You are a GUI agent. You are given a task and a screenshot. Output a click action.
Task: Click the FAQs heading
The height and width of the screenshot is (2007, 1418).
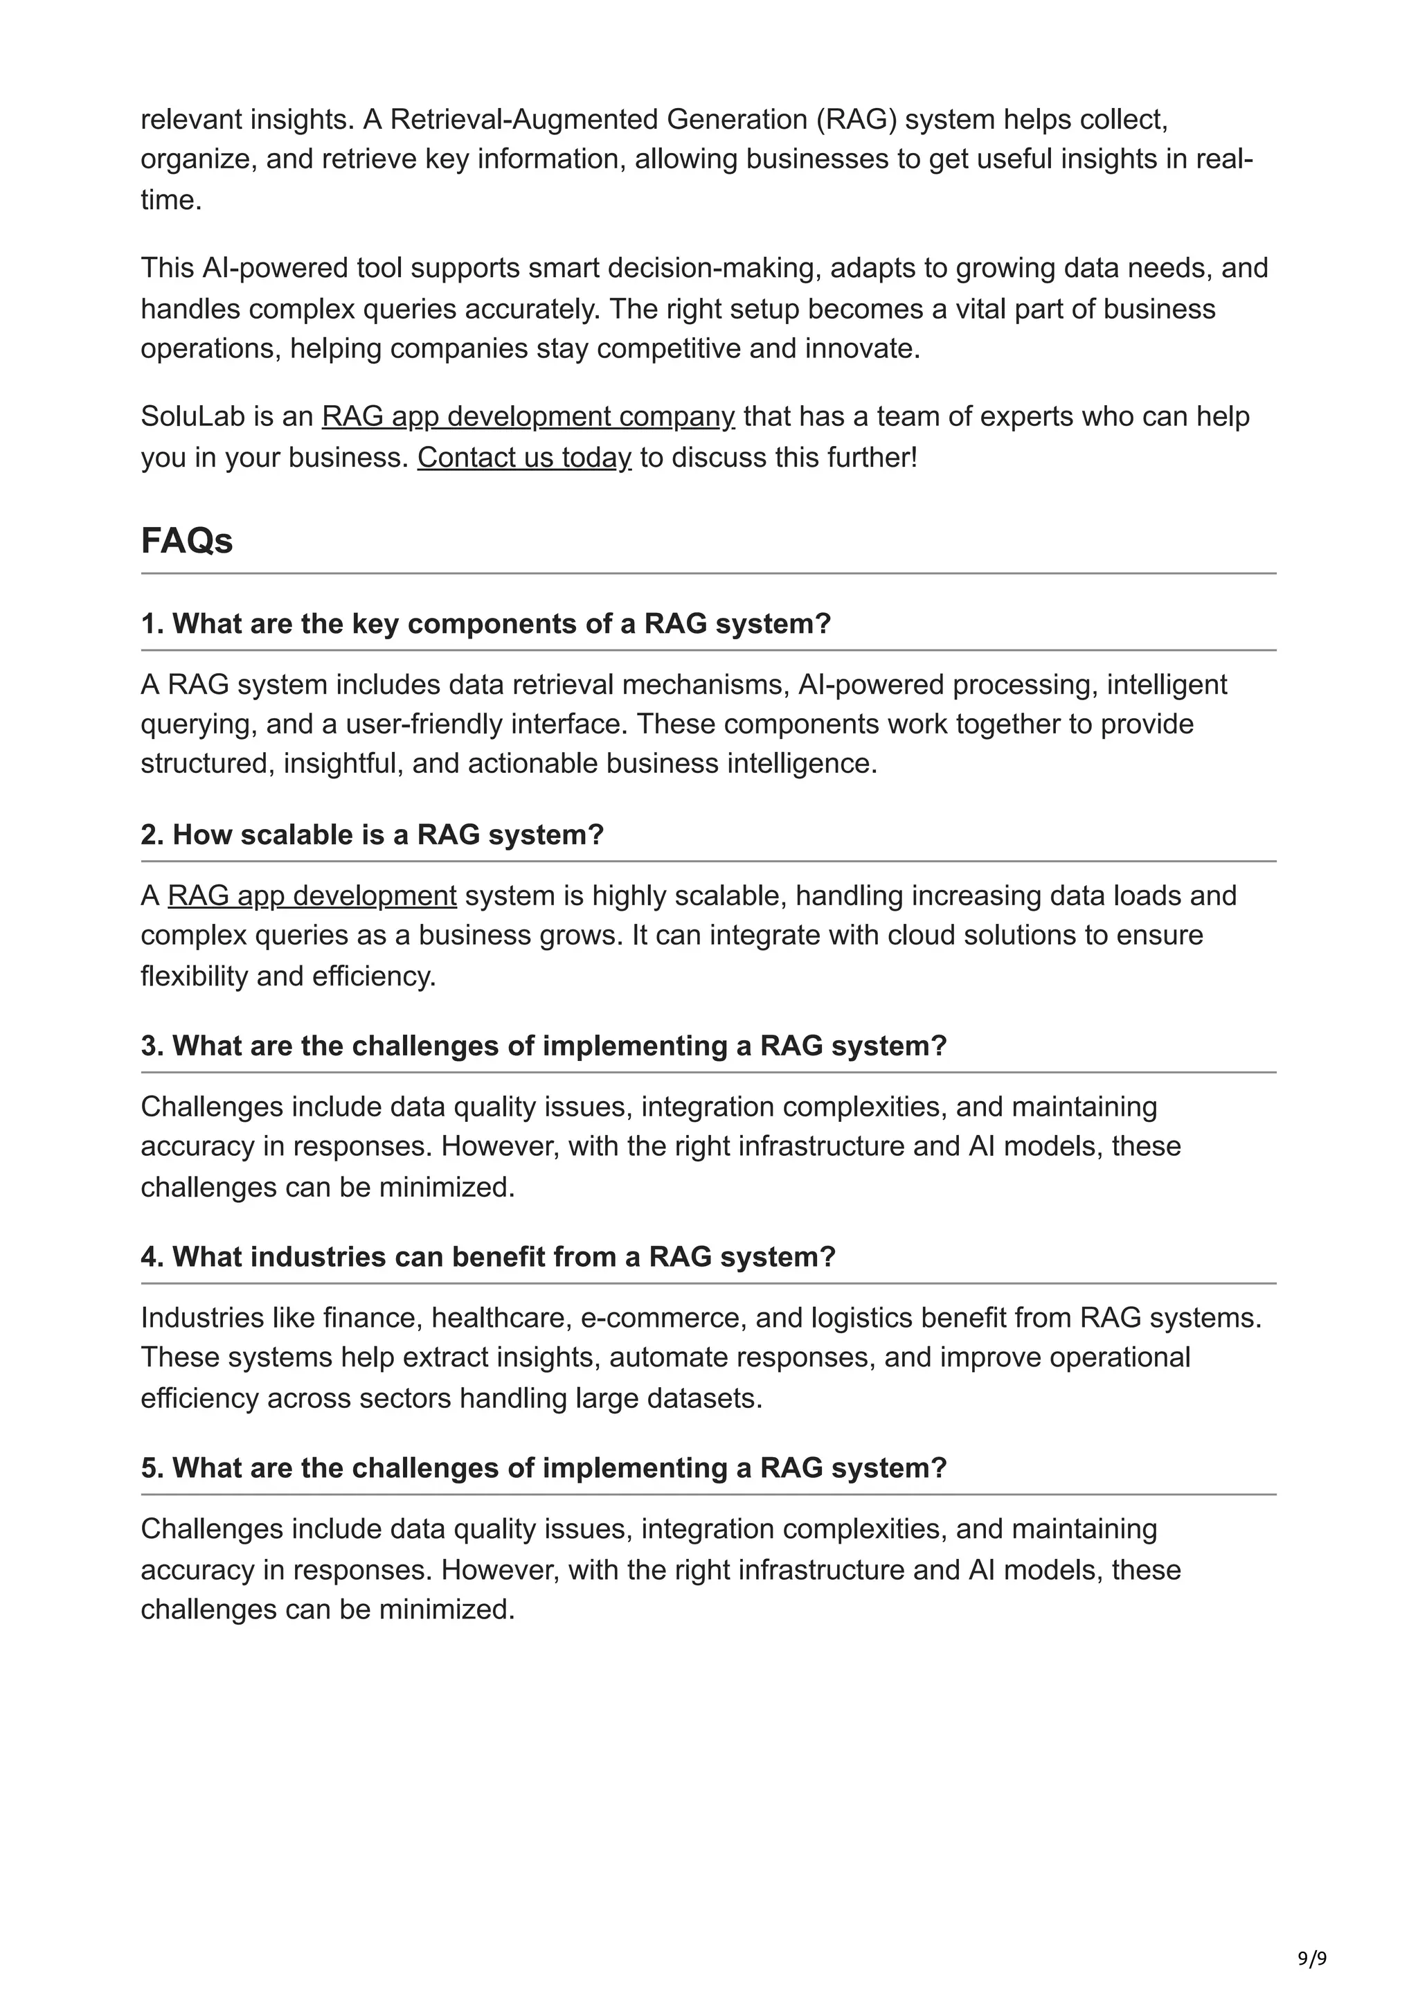tap(186, 541)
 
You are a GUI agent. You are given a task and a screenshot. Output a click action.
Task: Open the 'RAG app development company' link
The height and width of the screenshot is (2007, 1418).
tap(528, 417)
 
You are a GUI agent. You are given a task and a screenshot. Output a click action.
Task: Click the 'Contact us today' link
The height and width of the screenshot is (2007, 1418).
tap(523, 457)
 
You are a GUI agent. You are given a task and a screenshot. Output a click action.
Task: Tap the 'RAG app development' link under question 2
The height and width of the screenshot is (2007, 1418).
tap(312, 896)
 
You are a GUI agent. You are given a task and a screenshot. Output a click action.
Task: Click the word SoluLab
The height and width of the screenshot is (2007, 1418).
tap(192, 417)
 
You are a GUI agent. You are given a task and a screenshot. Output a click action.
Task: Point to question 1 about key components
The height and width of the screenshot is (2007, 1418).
tap(486, 624)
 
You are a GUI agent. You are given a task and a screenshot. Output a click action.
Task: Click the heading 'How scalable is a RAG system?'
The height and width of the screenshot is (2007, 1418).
tap(373, 835)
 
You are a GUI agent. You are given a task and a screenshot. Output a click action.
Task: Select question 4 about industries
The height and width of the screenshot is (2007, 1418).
tap(487, 1257)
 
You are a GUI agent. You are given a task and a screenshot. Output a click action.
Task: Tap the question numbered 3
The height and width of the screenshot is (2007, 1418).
tap(544, 1046)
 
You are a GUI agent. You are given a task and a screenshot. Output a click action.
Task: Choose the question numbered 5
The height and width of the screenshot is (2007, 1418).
tap(544, 1468)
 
